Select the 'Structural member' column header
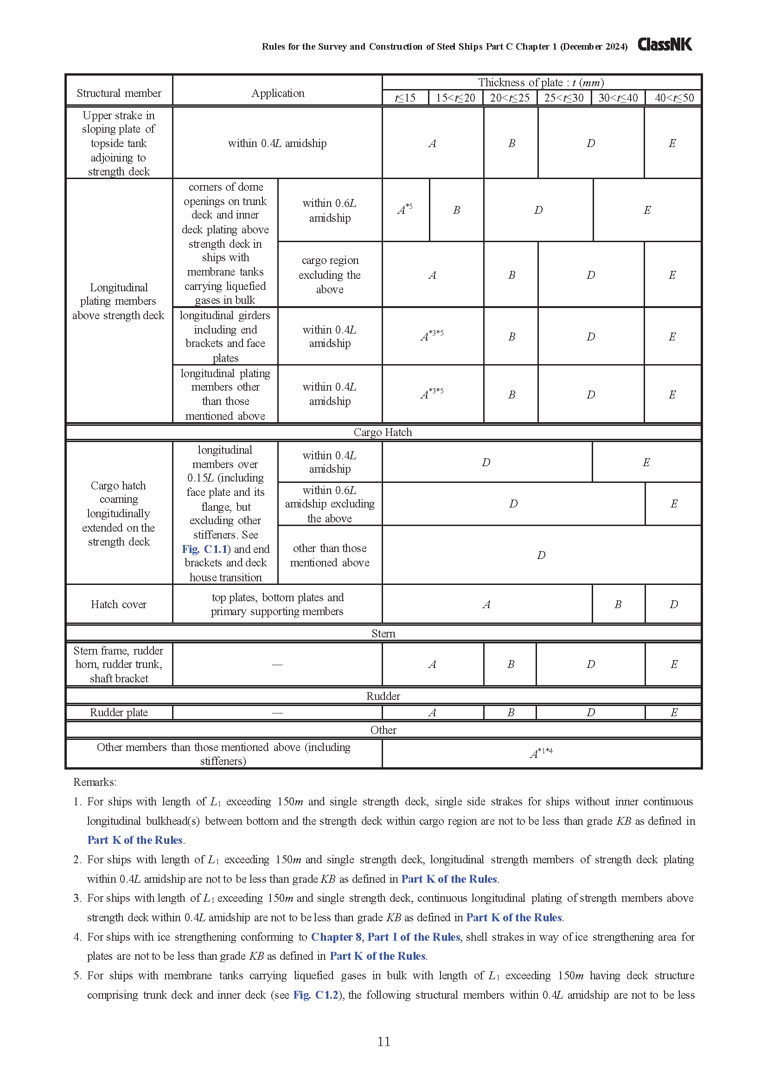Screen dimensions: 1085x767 (119, 93)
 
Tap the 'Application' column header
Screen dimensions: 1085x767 (277, 93)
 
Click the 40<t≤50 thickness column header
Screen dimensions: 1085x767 (674, 98)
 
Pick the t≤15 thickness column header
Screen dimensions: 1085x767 (405, 98)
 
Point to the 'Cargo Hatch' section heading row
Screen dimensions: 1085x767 (383, 432)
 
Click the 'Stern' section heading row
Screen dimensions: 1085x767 (383, 634)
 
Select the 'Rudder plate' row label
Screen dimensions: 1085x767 (119, 713)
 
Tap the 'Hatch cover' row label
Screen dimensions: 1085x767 (119, 604)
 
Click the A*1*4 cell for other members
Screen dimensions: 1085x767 (541, 753)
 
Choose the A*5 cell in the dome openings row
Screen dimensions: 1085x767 (405, 209)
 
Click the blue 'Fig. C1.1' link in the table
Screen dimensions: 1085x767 (204, 549)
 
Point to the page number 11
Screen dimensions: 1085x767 (383, 1041)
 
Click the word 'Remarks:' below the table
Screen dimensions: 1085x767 (95, 782)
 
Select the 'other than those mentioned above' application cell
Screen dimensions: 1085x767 (330, 555)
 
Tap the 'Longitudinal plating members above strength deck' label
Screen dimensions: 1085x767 (119, 301)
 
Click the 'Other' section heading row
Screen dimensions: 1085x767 (383, 730)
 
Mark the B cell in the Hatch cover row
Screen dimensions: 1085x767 (618, 604)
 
